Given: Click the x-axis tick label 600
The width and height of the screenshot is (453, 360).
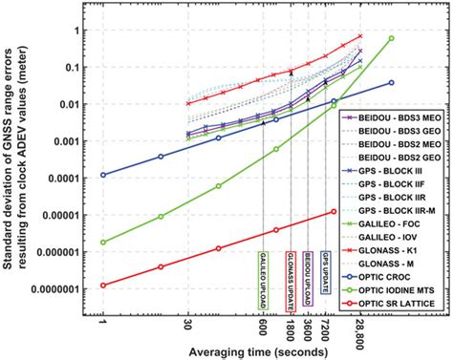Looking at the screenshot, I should (x=263, y=324).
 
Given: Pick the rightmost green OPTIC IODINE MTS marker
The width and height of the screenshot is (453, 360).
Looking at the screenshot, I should (x=391, y=38).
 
